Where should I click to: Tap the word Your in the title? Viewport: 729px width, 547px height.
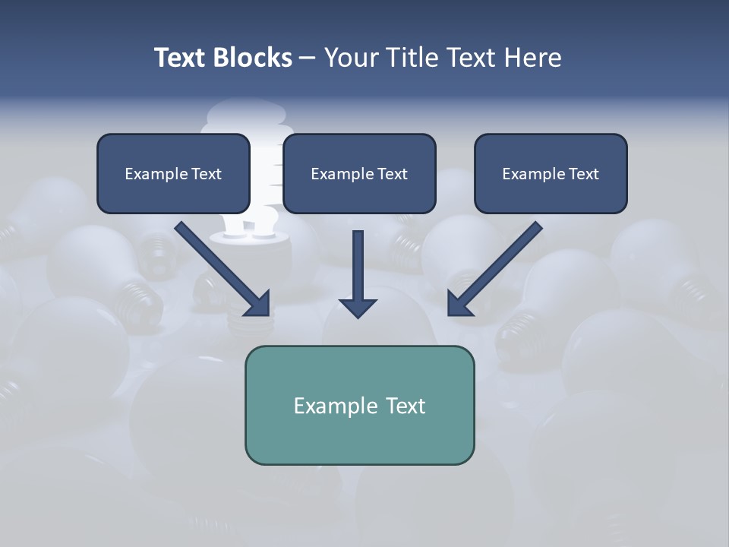(x=352, y=58)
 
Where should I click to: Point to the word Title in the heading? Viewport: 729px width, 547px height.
(x=414, y=58)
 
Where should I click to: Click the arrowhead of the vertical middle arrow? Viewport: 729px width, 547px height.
(x=358, y=307)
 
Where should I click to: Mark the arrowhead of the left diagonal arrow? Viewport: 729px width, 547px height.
(x=258, y=304)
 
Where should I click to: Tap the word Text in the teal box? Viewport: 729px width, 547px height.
(x=405, y=406)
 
